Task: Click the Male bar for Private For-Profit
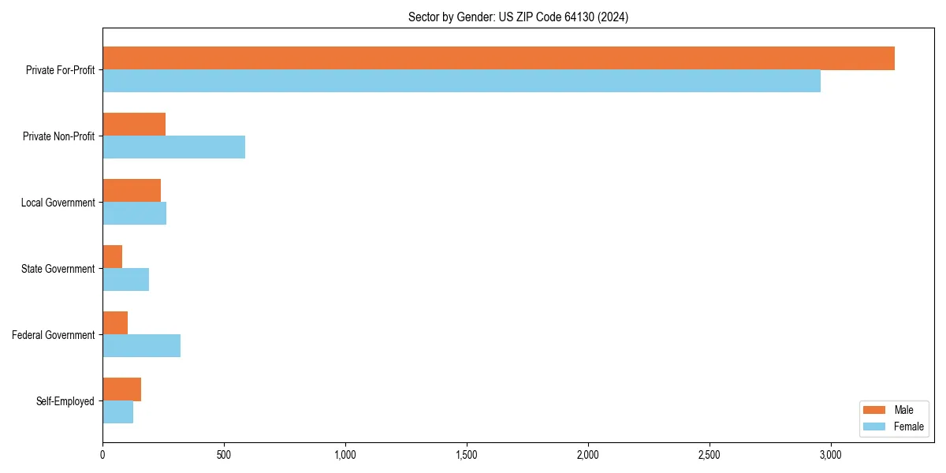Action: pos(498,58)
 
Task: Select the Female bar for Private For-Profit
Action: pos(461,81)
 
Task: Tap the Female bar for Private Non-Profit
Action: pos(173,147)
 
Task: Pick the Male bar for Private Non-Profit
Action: pos(134,125)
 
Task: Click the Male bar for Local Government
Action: pos(132,191)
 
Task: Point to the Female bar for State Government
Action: pos(125,280)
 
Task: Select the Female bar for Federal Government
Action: pos(141,346)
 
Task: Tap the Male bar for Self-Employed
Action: pos(121,389)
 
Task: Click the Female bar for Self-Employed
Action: pos(117,412)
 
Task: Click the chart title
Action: pos(518,17)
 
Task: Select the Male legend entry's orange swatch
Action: pos(875,410)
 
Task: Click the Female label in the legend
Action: pos(908,426)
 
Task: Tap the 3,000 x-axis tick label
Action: pos(831,455)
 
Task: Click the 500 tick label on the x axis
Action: pos(224,455)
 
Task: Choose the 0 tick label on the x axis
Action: pos(102,455)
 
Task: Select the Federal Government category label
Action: pos(54,335)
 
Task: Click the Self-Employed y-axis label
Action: pos(65,401)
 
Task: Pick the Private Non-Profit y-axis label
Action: pos(58,136)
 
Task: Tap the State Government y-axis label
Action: pos(58,269)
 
